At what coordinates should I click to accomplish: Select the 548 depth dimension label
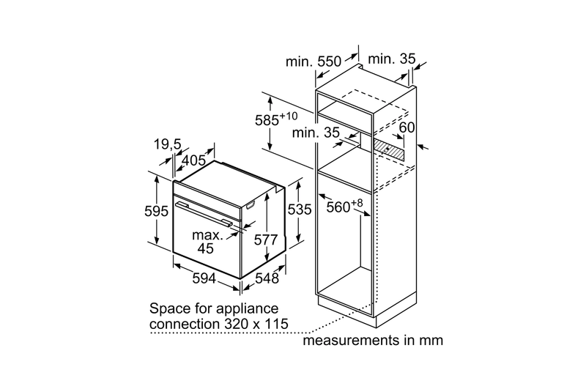268,279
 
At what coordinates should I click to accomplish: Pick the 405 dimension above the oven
193,160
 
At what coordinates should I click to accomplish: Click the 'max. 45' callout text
207,242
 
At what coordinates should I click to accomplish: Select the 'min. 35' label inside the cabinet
316,133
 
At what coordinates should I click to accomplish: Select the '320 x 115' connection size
257,323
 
